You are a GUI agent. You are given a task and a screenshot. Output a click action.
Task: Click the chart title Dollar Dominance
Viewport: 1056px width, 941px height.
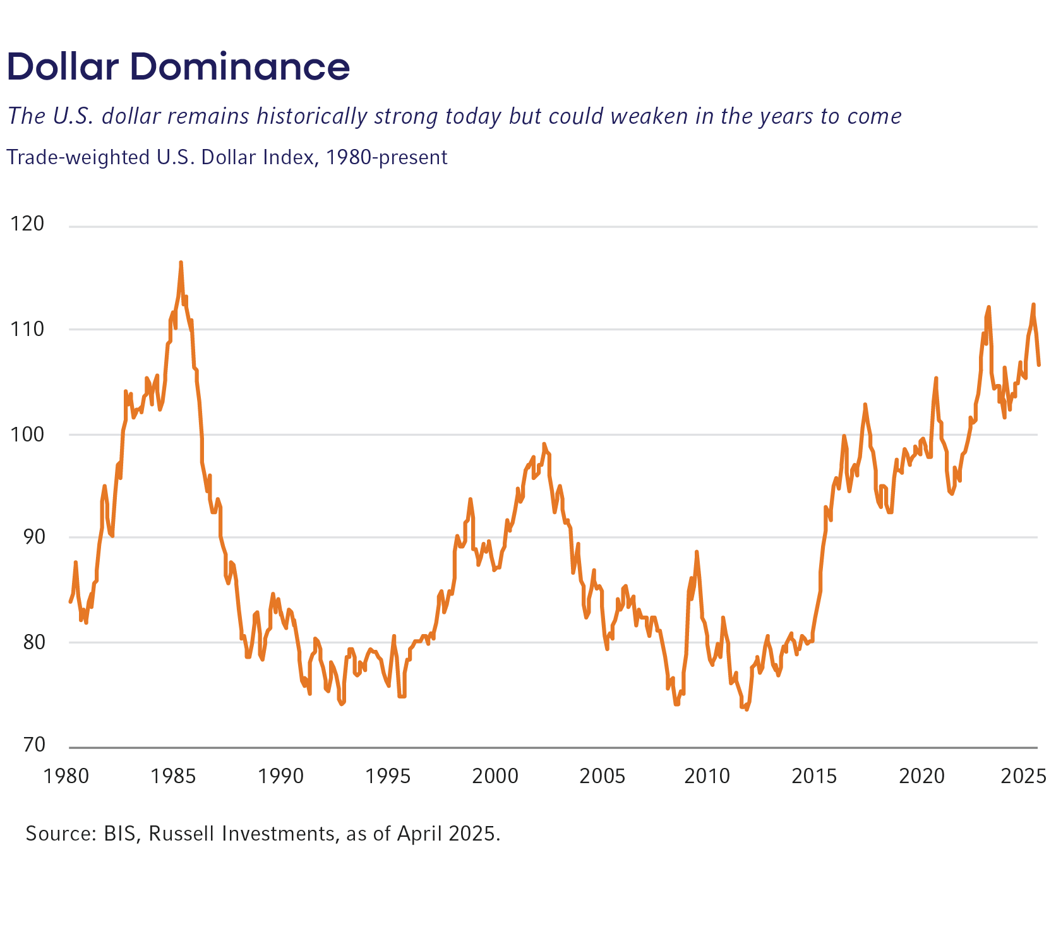click(x=178, y=67)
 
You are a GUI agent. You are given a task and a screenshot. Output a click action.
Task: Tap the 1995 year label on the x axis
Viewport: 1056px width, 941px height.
click(x=388, y=776)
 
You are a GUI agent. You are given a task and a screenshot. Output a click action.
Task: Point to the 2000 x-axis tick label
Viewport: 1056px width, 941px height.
click(x=495, y=776)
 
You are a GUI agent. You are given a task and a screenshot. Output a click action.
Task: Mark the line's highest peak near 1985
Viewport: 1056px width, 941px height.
click(x=181, y=262)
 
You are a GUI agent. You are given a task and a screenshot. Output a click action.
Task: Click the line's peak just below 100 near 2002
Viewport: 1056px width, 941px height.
click(x=544, y=444)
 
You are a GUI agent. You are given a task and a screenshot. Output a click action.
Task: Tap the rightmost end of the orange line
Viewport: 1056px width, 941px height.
click(x=1039, y=364)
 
